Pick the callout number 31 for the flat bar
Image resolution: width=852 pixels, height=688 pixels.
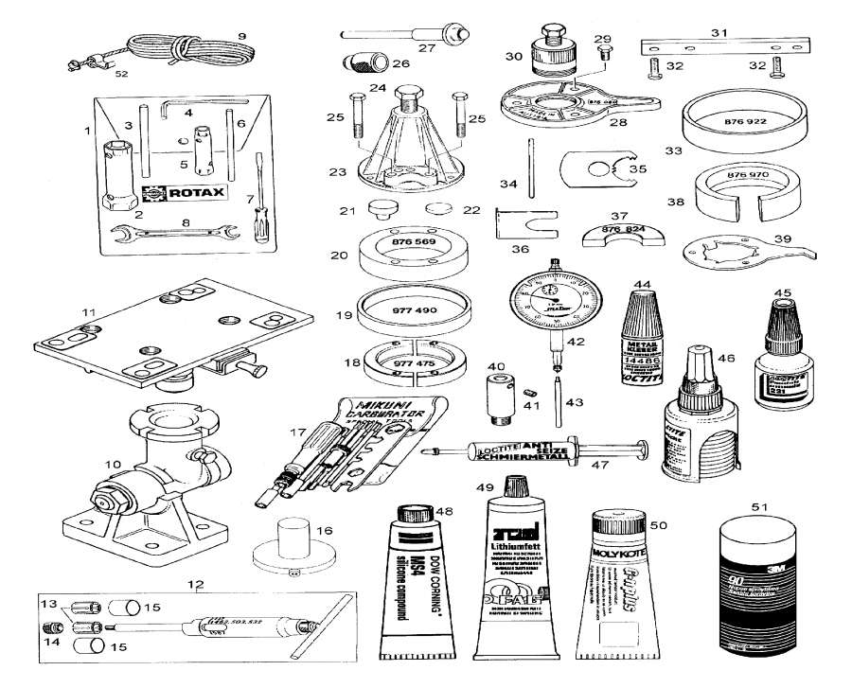tap(719, 32)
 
